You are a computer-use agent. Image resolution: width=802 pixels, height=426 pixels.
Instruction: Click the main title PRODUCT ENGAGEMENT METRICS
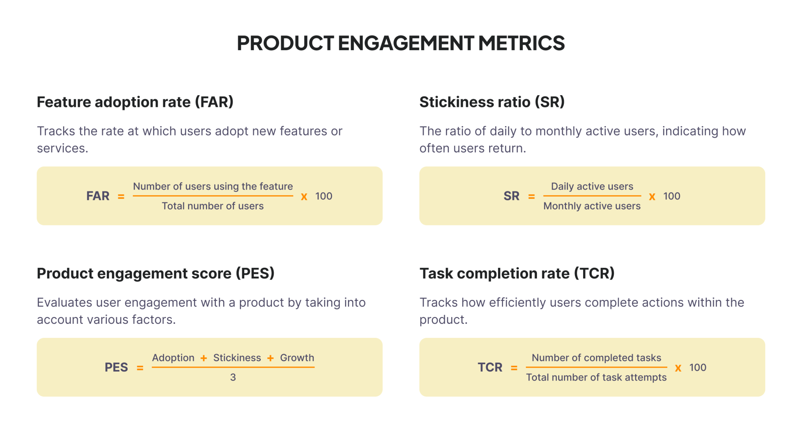click(401, 43)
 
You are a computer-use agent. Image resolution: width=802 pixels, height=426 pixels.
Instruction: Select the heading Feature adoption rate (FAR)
click(135, 102)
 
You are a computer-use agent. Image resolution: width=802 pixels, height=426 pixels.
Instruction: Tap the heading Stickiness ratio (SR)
click(492, 102)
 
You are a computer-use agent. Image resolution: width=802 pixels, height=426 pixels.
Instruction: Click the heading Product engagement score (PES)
click(155, 273)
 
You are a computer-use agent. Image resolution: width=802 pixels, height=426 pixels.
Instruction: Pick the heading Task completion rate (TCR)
click(517, 273)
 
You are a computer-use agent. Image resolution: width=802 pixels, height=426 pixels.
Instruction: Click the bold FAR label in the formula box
click(98, 196)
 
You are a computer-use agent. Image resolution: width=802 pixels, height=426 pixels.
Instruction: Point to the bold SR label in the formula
click(511, 196)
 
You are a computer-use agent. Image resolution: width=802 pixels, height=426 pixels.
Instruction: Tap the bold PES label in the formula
click(116, 367)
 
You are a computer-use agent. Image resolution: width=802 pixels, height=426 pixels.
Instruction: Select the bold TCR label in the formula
click(490, 367)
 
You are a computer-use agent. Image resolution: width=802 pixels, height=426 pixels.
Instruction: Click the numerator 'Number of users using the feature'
click(213, 186)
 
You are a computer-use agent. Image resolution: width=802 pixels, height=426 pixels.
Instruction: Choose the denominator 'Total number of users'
click(213, 206)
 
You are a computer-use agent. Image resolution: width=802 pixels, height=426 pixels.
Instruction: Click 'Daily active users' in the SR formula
click(592, 186)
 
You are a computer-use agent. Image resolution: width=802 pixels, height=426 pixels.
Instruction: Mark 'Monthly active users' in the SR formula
click(592, 206)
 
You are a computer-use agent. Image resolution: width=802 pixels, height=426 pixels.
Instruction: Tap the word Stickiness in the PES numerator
click(237, 358)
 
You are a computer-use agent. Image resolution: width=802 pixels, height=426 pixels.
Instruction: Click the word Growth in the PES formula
click(297, 358)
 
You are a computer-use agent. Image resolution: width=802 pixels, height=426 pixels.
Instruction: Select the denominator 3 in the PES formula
click(233, 377)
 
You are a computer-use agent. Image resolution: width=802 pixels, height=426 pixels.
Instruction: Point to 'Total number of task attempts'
click(596, 377)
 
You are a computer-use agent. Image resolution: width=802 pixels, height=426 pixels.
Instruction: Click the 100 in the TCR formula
click(698, 368)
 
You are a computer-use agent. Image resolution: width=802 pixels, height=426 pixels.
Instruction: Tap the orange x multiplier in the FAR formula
click(304, 197)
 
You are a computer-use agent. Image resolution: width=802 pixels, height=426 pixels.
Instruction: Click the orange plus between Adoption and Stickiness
click(204, 358)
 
